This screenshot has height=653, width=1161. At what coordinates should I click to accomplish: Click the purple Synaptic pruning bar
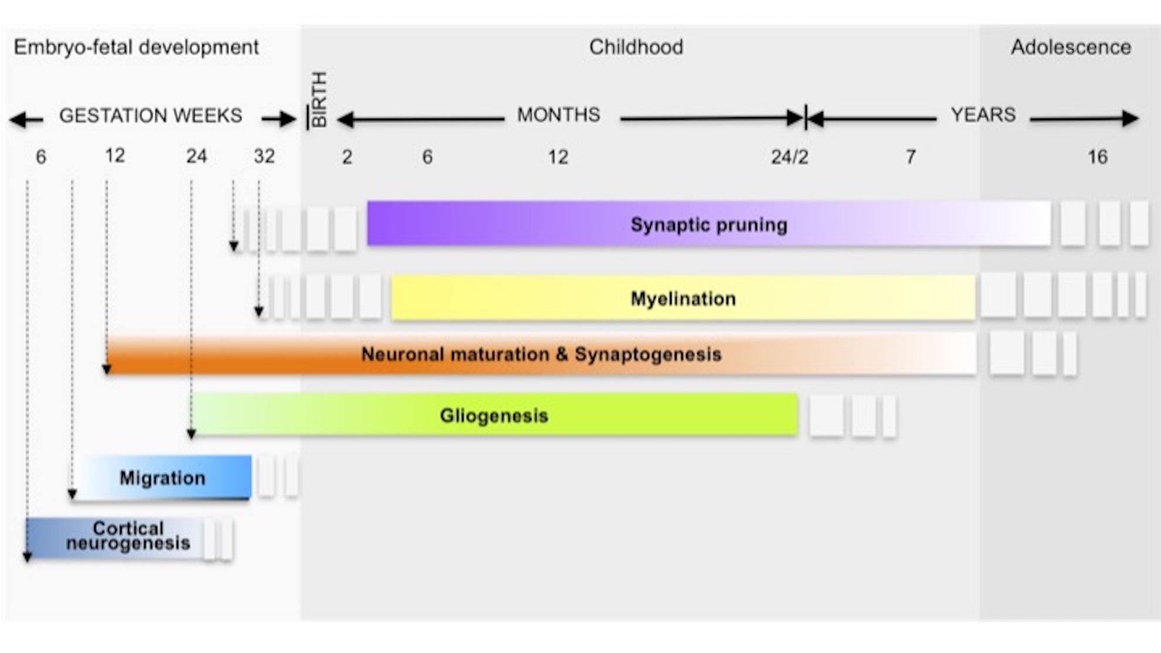tap(708, 223)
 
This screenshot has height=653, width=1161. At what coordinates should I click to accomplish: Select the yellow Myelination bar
tap(683, 298)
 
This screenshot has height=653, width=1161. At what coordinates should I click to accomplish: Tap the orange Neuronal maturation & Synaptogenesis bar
tap(541, 353)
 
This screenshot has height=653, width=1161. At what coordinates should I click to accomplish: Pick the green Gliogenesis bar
tap(494, 414)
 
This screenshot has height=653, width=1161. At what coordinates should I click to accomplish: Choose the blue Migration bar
tap(162, 477)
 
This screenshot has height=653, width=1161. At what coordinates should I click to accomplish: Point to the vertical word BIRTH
tap(318, 99)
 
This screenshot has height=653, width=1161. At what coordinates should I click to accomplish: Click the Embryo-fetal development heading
tap(136, 47)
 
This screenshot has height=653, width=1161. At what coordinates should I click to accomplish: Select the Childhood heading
tap(636, 47)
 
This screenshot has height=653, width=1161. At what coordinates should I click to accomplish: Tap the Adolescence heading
tap(1071, 47)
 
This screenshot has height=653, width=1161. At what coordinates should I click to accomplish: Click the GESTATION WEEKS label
tap(151, 115)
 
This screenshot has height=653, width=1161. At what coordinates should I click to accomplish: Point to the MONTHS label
tap(558, 114)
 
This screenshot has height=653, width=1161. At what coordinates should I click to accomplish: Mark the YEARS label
tap(983, 114)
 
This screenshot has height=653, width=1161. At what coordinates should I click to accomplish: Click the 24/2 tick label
tap(789, 157)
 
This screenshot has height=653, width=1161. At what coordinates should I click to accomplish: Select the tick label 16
tap(1098, 157)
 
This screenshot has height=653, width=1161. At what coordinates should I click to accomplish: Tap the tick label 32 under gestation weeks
tap(264, 156)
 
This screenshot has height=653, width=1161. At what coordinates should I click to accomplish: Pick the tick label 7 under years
tap(910, 157)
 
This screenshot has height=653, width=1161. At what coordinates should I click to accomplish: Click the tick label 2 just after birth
tap(347, 157)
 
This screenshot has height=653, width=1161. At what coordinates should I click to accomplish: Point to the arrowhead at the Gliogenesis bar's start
tap(191, 434)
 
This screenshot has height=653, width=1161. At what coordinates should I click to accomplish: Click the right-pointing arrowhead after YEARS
tap(1131, 118)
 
